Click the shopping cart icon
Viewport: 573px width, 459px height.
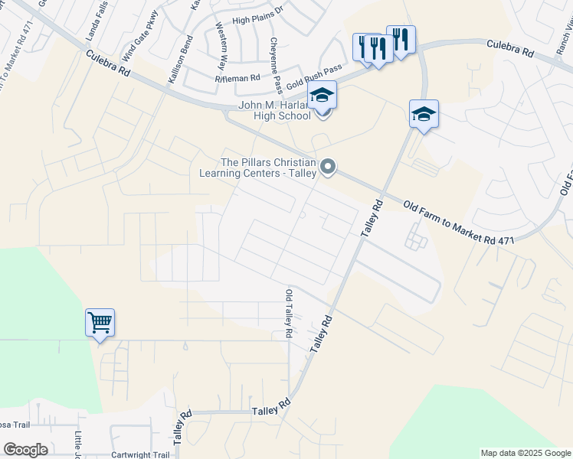(x=100, y=323)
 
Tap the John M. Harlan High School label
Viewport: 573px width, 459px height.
(x=275, y=110)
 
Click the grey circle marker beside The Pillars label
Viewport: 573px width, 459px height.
(x=329, y=167)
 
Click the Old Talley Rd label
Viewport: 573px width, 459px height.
(x=289, y=314)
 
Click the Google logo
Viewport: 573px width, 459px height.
(x=25, y=450)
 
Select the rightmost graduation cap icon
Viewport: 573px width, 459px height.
(x=424, y=114)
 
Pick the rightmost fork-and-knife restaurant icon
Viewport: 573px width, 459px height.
(x=401, y=40)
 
